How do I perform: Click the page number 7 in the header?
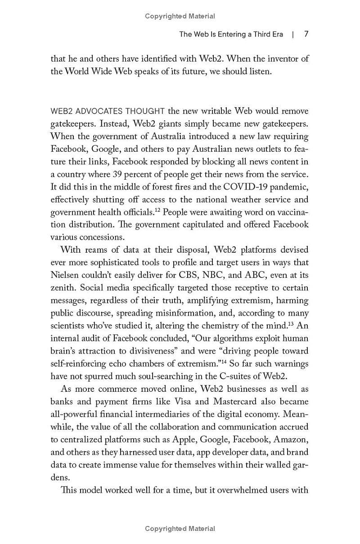[306, 34]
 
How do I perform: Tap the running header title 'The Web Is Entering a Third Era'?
[231, 34]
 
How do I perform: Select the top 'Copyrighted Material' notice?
[180, 16]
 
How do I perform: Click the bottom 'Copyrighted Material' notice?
[180, 529]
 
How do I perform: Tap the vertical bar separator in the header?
[293, 34]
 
